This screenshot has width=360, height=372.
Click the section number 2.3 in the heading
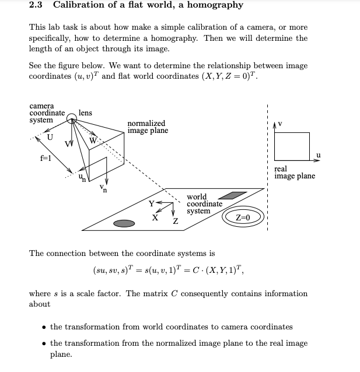point(37,5)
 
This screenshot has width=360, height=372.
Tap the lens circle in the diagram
point(71,119)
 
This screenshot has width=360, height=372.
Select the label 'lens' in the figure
point(85,113)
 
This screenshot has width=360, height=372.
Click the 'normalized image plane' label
point(147,127)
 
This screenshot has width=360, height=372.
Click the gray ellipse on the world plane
point(124,223)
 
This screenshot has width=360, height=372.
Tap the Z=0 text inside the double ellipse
point(243,217)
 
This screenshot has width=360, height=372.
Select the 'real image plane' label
point(294,173)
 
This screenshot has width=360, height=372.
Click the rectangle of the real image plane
point(292,146)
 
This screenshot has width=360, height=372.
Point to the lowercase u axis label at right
point(318,155)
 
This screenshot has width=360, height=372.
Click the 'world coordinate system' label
point(204,204)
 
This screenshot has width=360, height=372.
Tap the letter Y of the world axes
point(152,203)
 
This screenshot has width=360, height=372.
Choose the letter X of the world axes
point(155,217)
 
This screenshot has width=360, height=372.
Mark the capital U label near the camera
point(50,138)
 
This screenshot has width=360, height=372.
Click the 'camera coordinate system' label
point(47,113)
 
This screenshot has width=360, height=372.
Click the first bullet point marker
point(44,328)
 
